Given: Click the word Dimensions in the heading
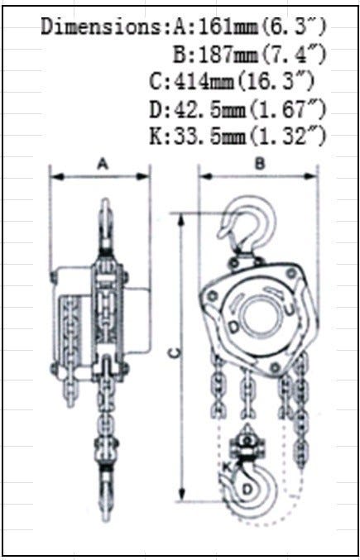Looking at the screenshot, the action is tap(101, 26).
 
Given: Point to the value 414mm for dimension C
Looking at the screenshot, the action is tap(204, 82).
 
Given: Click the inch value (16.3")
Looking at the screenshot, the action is tap(276, 82).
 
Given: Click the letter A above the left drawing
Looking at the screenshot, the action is tap(103, 164).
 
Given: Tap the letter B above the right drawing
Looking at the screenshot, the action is tap(261, 164).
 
